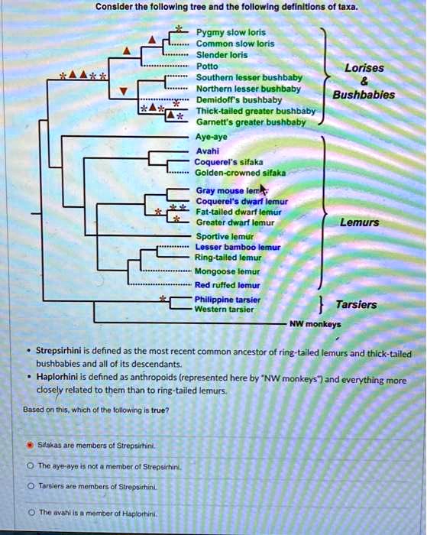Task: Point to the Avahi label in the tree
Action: click(208, 151)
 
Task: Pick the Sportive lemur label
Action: click(222, 237)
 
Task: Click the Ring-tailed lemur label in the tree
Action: click(228, 258)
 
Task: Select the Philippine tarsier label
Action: click(228, 299)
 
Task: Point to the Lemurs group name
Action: click(360, 223)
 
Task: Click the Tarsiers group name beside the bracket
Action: click(357, 304)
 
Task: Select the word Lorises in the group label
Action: click(364, 68)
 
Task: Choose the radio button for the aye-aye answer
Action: click(28, 465)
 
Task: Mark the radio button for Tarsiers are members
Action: click(28, 485)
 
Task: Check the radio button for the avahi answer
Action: click(28, 512)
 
